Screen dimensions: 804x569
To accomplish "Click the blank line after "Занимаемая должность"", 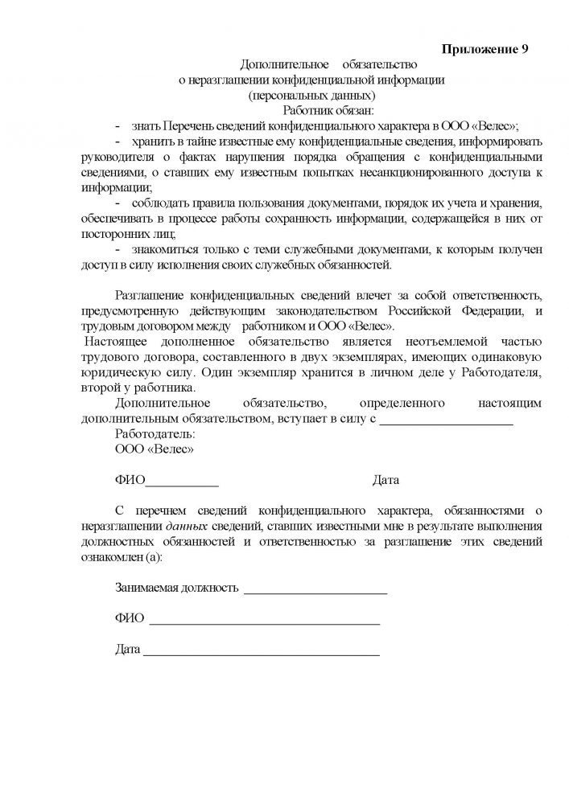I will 315,592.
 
